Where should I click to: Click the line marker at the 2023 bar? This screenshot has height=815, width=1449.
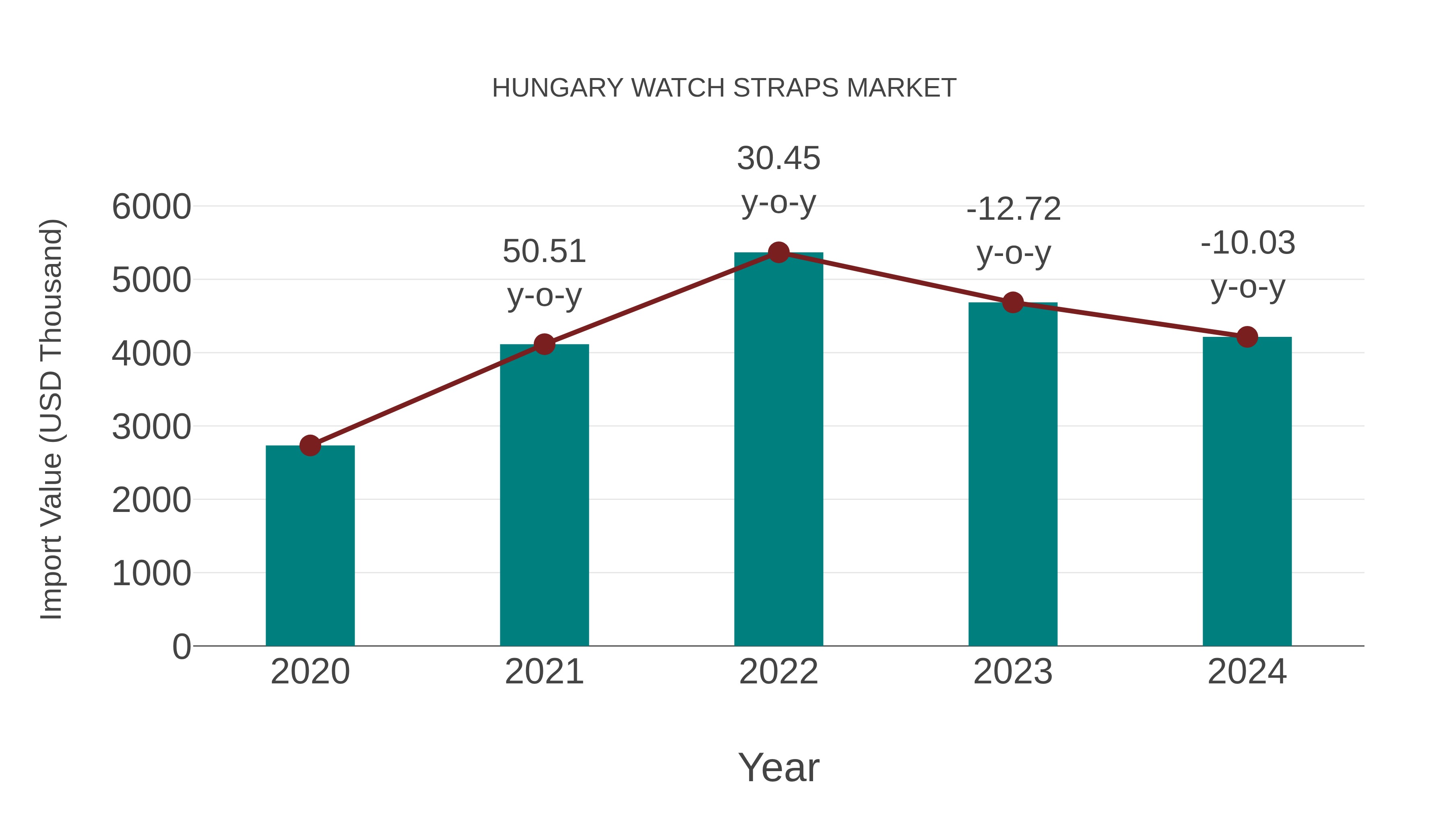click(x=1013, y=303)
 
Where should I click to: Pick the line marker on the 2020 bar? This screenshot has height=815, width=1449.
click(x=310, y=446)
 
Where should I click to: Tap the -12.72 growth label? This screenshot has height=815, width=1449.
click(x=1013, y=231)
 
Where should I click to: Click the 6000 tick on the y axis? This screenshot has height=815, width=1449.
click(x=151, y=207)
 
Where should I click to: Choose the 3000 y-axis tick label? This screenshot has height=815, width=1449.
click(x=151, y=427)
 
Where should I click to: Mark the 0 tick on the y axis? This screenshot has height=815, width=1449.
click(x=182, y=646)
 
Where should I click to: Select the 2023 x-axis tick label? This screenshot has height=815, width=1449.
click(x=1013, y=672)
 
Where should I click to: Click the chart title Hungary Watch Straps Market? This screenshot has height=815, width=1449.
click(x=724, y=88)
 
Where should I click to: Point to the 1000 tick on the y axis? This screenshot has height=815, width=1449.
click(x=151, y=574)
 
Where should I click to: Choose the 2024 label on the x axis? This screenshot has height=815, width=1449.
click(x=1247, y=672)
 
